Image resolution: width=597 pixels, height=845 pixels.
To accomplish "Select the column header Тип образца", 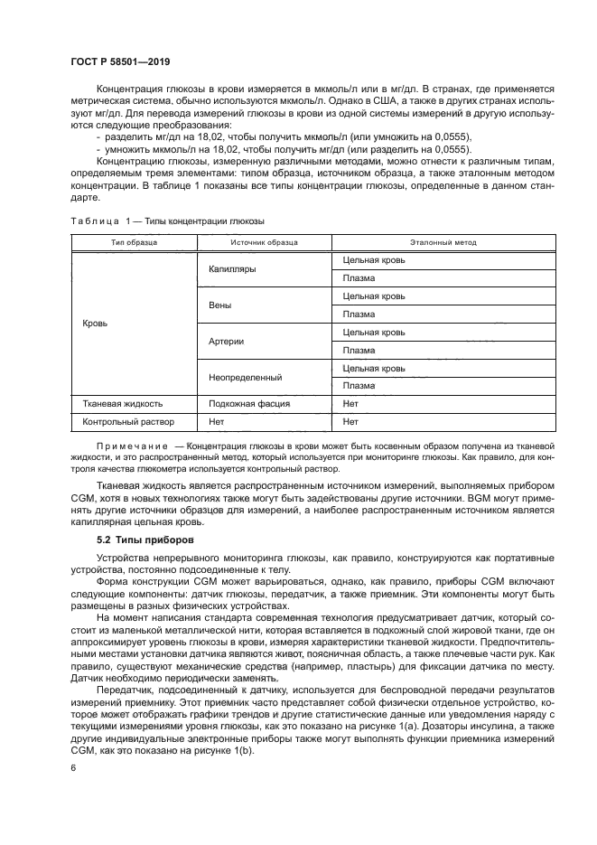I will [134, 242].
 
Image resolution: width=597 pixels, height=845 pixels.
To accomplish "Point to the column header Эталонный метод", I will [443, 242].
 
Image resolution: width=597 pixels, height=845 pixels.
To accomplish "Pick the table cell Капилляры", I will [232, 269].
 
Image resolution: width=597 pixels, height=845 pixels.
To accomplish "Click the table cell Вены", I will [220, 305].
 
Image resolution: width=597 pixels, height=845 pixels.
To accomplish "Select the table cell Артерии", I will [227, 342].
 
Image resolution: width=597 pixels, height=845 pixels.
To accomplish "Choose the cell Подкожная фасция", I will [248, 404].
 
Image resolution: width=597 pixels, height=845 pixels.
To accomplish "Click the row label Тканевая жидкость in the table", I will [123, 404].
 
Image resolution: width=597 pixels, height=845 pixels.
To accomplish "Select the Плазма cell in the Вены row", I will [359, 315].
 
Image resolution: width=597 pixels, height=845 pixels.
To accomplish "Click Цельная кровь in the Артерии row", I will [374, 333].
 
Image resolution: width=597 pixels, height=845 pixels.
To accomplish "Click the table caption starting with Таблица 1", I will [167, 221].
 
